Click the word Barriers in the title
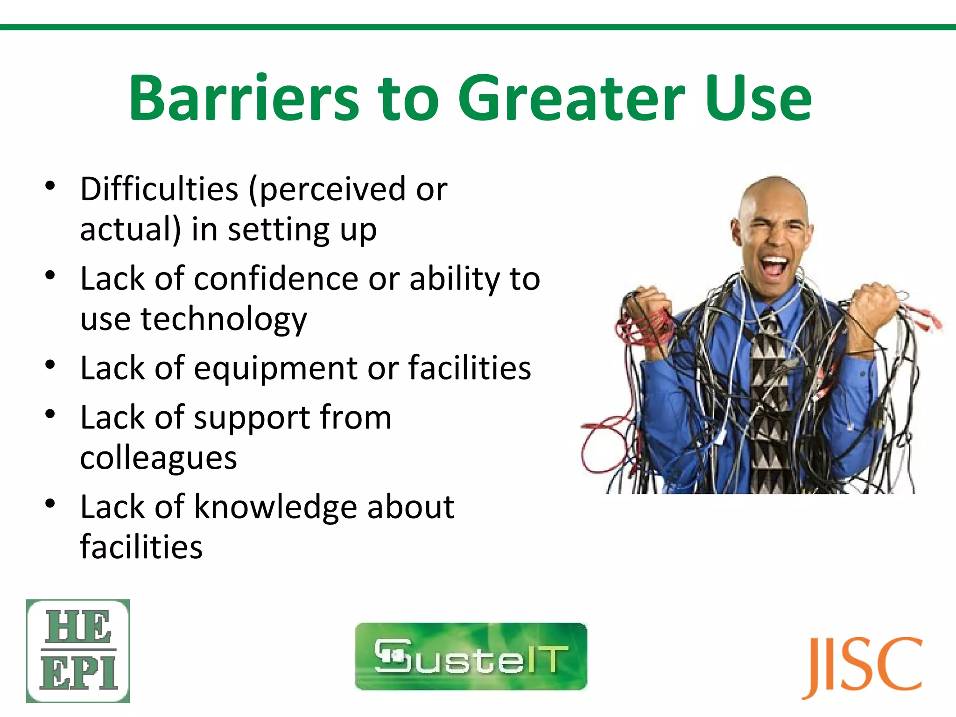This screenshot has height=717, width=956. pos(244,98)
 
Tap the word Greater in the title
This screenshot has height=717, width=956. pos(571,98)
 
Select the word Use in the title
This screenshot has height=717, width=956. pos(758,98)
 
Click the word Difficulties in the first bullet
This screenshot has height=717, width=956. pos(159,189)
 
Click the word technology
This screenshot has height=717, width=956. pos(224,320)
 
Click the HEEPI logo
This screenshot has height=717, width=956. pos(78,651)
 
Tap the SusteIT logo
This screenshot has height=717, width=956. pos(471,656)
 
